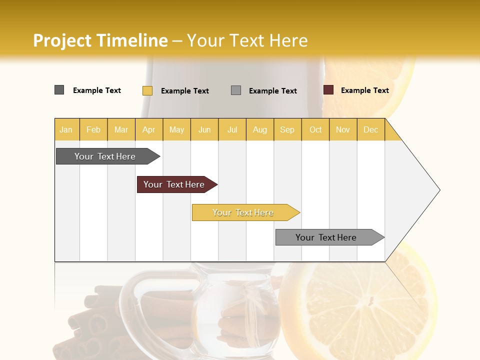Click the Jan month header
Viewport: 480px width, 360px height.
pos(66,130)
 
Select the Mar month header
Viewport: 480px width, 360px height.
pos(121,130)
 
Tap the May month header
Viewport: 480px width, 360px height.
pos(176,130)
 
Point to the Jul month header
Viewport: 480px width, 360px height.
pos(232,130)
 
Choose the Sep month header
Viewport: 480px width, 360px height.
pos(287,130)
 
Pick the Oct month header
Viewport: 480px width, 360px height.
pos(315,130)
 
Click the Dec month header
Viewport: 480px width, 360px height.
pos(370,130)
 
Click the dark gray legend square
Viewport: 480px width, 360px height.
pos(59,90)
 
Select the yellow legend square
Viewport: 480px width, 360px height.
pos(147,90)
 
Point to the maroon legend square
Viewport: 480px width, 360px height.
pos(328,90)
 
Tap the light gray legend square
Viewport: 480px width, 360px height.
pos(236,90)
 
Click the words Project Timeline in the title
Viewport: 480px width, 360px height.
pos(100,40)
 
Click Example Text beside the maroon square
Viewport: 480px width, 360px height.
pos(364,90)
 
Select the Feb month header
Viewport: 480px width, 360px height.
pos(93,130)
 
